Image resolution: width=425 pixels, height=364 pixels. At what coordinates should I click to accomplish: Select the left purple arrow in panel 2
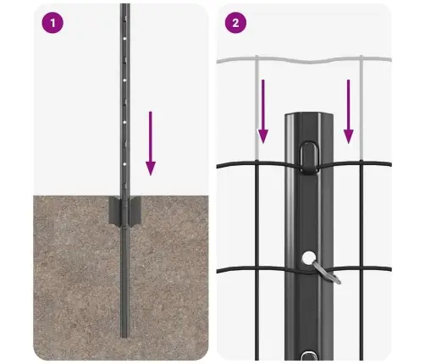point(263,109)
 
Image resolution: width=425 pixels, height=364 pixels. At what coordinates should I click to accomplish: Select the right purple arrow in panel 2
point(347,109)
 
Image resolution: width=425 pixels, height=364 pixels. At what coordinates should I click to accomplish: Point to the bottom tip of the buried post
point(124,334)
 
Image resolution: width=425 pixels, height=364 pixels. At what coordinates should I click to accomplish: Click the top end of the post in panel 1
point(124,7)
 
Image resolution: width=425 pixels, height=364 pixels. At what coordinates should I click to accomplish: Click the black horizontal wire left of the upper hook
point(254,163)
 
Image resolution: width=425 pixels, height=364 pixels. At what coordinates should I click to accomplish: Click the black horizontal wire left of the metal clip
point(254,269)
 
